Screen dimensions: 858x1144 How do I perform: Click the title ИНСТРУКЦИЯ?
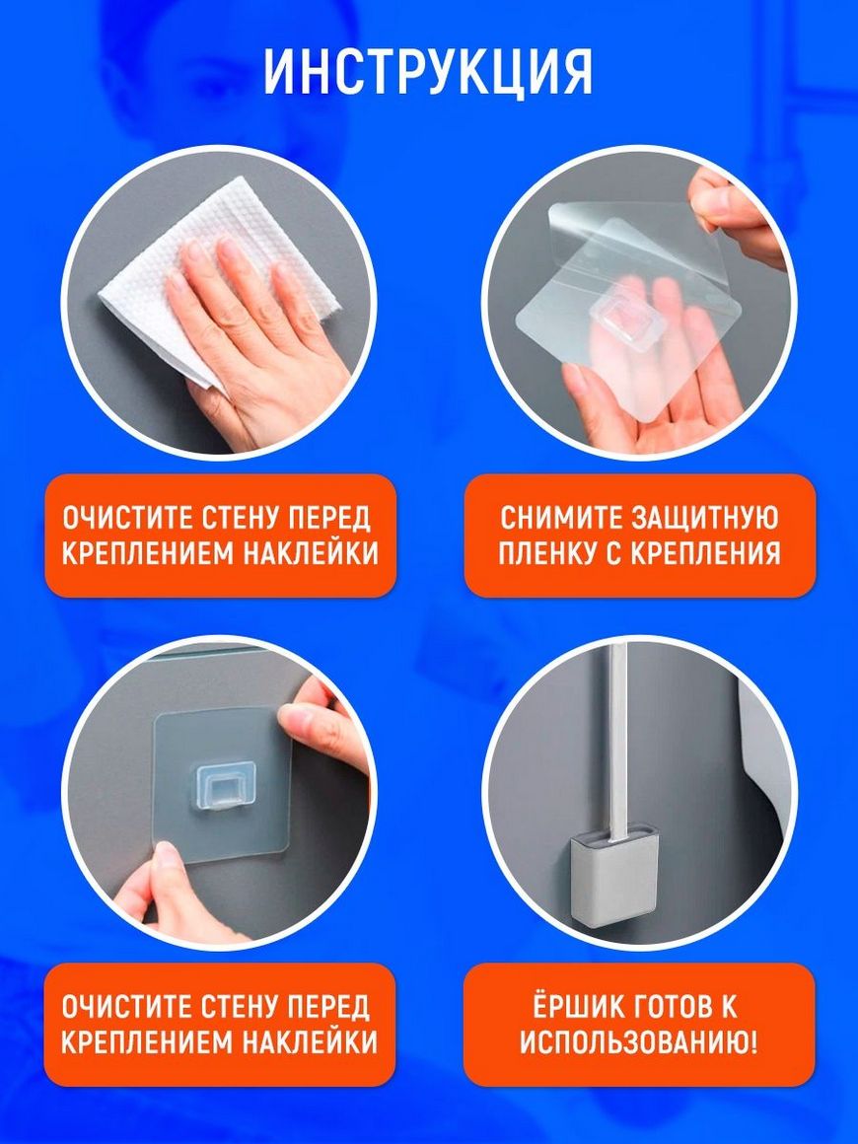point(428,72)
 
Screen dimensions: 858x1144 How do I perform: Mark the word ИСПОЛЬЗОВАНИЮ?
point(638,1041)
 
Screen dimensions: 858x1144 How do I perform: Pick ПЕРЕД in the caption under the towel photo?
point(331,518)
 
